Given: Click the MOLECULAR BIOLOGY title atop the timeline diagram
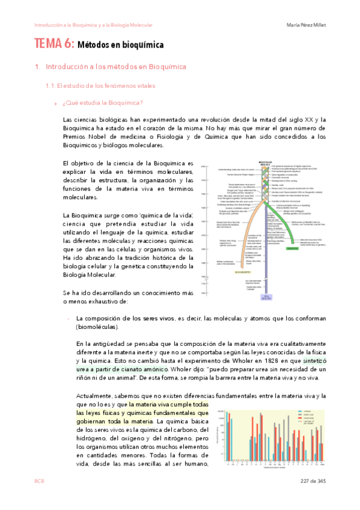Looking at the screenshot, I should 264,163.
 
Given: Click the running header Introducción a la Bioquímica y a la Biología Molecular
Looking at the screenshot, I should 93,25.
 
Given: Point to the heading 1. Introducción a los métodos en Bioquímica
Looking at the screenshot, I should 111,66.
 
